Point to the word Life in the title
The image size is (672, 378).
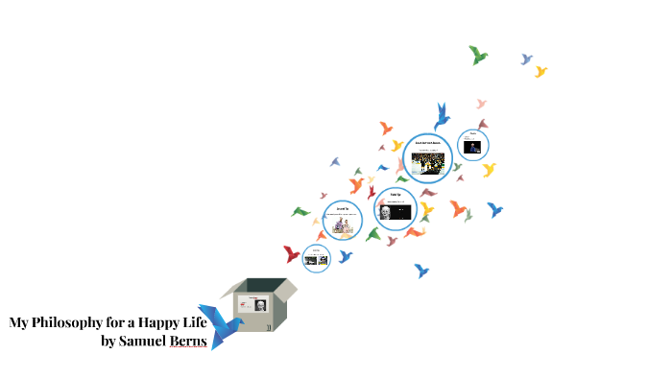click(x=196, y=322)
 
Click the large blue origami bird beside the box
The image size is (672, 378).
click(x=220, y=324)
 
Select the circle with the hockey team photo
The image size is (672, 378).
click(x=427, y=155)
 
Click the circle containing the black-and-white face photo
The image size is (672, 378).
click(x=395, y=210)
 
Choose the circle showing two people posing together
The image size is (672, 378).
click(x=343, y=221)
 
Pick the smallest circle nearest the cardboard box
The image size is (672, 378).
click(x=316, y=258)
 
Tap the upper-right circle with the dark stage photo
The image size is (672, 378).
click(x=473, y=145)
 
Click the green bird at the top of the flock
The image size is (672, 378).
click(x=477, y=55)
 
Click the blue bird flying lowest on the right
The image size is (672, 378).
click(x=420, y=271)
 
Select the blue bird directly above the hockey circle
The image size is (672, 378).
click(x=442, y=116)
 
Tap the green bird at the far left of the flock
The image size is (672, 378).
click(x=300, y=211)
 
